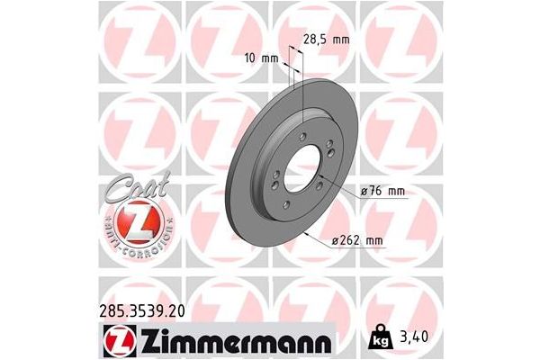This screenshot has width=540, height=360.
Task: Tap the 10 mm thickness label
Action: (x=261, y=57)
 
